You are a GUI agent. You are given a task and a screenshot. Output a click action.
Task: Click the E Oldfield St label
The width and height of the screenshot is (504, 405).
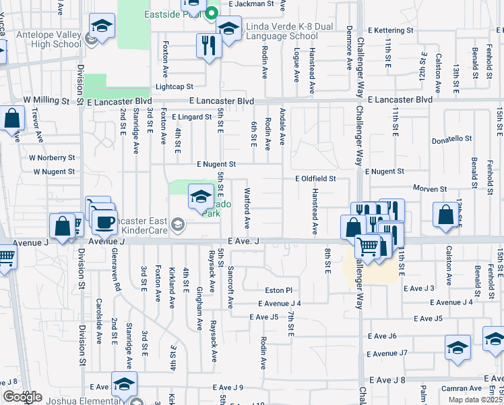tap(315, 179)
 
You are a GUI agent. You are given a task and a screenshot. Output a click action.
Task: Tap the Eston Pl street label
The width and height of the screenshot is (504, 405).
tap(278, 290)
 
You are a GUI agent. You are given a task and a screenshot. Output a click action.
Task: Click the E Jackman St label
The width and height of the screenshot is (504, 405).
tap(251, 3)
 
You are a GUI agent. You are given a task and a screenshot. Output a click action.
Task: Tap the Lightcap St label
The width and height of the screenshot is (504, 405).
tap(175, 86)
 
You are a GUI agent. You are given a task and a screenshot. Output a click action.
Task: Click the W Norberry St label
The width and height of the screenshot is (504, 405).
tap(52, 157)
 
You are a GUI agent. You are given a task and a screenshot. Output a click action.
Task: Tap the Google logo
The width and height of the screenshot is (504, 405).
tap(22, 397)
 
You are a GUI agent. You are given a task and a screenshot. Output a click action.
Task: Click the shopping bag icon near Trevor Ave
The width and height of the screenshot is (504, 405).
tap(13, 118)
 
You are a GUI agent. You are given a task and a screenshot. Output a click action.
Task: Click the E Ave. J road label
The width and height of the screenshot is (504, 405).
tap(244, 241)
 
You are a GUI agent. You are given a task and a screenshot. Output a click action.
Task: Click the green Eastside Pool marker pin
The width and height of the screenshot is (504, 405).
tap(212, 12)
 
